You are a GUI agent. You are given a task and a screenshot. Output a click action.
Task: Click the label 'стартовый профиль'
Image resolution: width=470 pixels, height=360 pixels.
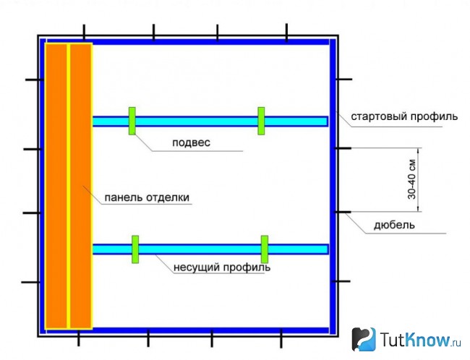[x=404, y=116]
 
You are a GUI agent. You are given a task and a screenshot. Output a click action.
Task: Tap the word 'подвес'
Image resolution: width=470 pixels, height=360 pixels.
[x=191, y=142]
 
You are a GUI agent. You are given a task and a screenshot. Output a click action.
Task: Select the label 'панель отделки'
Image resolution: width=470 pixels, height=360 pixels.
[x=147, y=197]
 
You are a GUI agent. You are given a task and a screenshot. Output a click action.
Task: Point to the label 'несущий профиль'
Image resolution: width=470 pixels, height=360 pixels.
[x=222, y=267]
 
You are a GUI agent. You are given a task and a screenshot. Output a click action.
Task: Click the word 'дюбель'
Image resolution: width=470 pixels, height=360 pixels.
[x=394, y=225]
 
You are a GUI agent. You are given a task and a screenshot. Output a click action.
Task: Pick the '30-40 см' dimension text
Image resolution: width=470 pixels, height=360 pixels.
[x=412, y=179]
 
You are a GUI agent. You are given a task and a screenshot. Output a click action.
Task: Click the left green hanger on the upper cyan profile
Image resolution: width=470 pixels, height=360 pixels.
[x=132, y=121]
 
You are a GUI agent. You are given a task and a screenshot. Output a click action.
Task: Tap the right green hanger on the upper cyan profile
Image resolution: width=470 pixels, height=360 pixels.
[x=261, y=121]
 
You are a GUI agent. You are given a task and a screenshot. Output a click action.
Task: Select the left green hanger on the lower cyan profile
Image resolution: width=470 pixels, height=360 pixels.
[x=135, y=249]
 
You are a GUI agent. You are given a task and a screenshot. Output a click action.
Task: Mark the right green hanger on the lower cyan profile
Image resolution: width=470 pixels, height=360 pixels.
[x=265, y=249]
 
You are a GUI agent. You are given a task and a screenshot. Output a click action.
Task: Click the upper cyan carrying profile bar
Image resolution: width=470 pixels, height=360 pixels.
[x=210, y=121]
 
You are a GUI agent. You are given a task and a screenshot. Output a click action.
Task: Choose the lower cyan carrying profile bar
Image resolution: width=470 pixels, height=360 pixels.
[x=210, y=249]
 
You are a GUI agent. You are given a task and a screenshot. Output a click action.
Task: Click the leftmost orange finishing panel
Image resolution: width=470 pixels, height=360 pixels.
[x=56, y=186]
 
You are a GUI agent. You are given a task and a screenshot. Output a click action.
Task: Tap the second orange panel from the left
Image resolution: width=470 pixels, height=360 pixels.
[x=80, y=186]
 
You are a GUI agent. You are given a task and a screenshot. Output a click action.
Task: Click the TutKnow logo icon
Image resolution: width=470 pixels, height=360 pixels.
[x=364, y=339]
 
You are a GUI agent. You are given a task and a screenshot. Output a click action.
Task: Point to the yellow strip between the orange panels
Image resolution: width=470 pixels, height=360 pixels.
[x=69, y=186]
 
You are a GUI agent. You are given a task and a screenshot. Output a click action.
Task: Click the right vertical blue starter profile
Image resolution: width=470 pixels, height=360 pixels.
[x=333, y=186]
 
